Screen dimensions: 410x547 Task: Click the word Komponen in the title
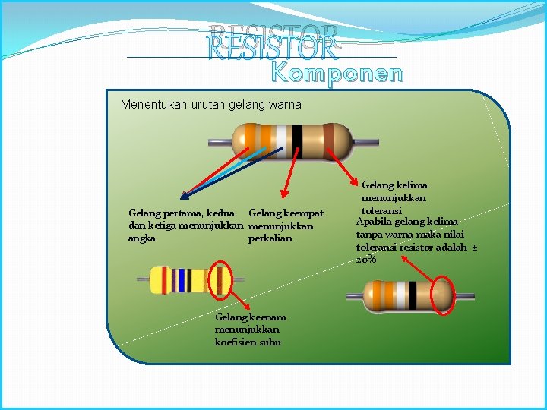337,74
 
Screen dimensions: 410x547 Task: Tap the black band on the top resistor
297,141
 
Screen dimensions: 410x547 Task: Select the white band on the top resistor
281,141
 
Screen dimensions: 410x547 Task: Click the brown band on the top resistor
329,141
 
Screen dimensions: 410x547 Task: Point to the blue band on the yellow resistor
180,280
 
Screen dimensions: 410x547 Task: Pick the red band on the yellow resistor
169,280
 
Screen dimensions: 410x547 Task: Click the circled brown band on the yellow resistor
220,280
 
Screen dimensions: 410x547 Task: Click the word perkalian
270,238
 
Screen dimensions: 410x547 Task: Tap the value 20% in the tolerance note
365,260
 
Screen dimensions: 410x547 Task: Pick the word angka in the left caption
142,238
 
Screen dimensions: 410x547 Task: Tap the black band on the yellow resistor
191,280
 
